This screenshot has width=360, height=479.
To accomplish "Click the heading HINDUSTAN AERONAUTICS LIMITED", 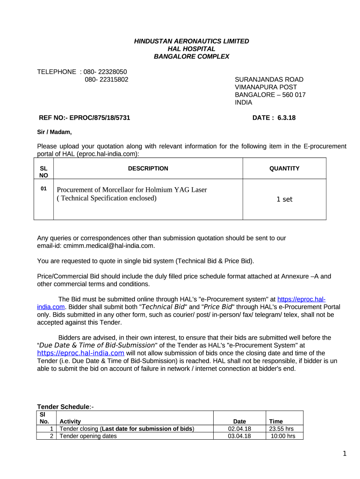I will [x=192, y=41].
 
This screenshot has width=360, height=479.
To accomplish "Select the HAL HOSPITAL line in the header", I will [x=192, y=49].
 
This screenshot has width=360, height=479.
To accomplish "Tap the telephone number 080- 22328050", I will [x=105, y=72].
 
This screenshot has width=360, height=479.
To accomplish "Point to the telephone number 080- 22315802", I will [x=107, y=80].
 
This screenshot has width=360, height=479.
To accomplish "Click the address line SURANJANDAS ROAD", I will [x=269, y=80].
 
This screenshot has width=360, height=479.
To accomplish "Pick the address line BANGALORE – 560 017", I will [x=270, y=94].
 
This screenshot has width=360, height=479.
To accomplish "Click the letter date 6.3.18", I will [x=286, y=118].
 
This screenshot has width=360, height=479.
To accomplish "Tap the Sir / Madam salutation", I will [x=54, y=132].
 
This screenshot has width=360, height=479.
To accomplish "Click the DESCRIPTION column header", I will [x=148, y=168].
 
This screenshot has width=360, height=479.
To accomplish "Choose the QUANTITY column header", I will [x=284, y=168].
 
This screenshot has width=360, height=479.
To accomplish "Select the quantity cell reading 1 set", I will [x=284, y=199].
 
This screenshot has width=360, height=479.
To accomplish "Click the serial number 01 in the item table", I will [x=43, y=189].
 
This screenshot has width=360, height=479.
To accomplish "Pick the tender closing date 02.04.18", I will [x=239, y=429].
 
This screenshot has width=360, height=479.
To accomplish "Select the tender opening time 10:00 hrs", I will [x=283, y=436].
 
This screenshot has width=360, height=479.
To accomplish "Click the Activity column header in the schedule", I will [x=70, y=421].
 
